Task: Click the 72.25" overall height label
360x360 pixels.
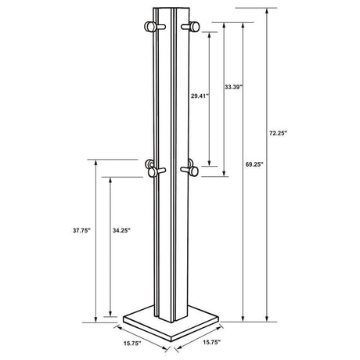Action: (278, 134)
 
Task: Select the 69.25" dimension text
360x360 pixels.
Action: (253, 165)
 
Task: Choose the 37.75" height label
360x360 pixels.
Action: (81, 232)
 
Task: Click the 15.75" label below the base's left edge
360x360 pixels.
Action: (131, 342)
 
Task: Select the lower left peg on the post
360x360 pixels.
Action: (152, 165)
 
